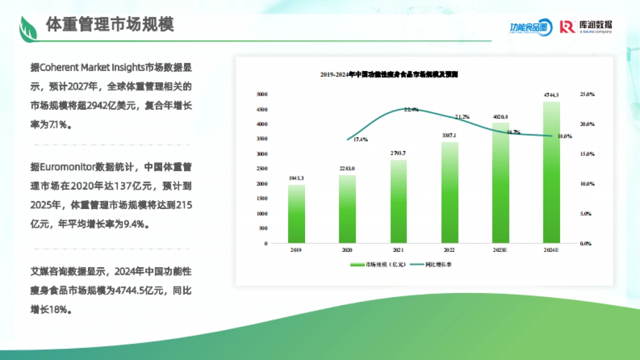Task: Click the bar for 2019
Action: [297, 214]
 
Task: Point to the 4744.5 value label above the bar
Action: [551, 95]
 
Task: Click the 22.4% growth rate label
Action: [411, 109]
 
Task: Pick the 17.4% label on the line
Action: [361, 139]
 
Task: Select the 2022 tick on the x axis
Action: [449, 250]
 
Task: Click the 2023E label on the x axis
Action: [500, 250]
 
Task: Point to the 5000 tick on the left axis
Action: [262, 94]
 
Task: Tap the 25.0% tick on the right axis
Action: [587, 94]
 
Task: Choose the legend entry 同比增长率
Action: [439, 264]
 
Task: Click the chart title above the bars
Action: [389, 75]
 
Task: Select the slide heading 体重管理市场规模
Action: [110, 25]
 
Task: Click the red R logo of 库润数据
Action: [567, 27]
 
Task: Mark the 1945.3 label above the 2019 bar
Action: [297, 178]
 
